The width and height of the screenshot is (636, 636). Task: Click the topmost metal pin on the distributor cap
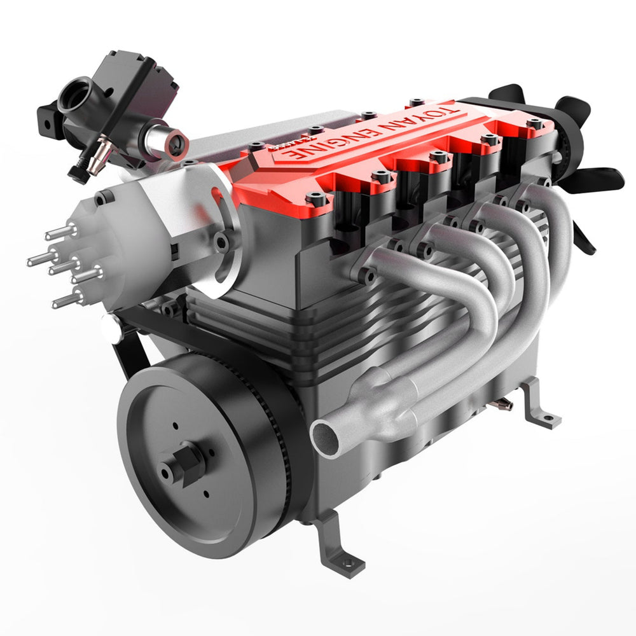pos(58,233)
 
